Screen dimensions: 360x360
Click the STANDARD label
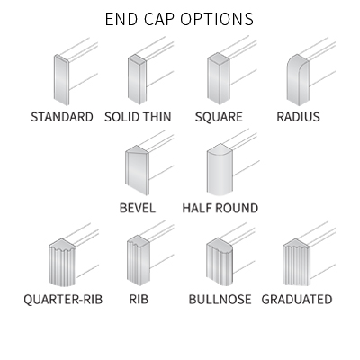pos(62,117)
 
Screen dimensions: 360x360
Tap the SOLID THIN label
pos(138,117)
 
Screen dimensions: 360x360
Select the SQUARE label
pos(219,117)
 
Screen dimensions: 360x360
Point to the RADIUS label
pos(298,117)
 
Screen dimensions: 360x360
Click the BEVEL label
pos(138,208)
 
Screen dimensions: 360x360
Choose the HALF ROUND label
pos(220,208)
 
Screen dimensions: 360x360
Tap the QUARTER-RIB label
pos(63,300)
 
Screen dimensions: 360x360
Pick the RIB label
pos(139,300)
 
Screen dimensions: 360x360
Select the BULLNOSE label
pos(220,300)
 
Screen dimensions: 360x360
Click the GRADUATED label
pos(297,300)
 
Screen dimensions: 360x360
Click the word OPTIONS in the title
pos(217,19)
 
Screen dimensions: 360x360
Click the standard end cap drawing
pos(62,80)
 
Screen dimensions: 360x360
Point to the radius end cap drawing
pos(298,79)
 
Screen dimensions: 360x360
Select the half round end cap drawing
pos(220,169)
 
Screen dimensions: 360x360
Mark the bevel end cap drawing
pos(138,170)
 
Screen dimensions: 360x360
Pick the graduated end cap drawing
pos(296,262)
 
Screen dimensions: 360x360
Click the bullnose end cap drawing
pos(220,262)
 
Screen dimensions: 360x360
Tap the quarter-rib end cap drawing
pos(62,263)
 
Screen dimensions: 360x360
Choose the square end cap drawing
pos(219,79)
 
